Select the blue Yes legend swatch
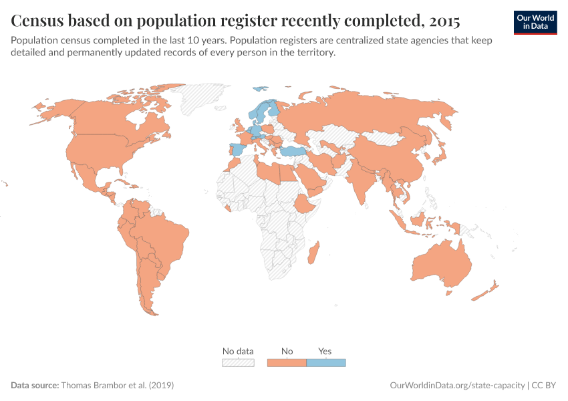click(x=325, y=363)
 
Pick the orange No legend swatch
click(x=287, y=363)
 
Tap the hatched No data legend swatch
click(x=238, y=363)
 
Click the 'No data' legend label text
click(x=238, y=351)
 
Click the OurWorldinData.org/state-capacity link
click(x=457, y=386)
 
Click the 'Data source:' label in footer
click(x=35, y=386)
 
